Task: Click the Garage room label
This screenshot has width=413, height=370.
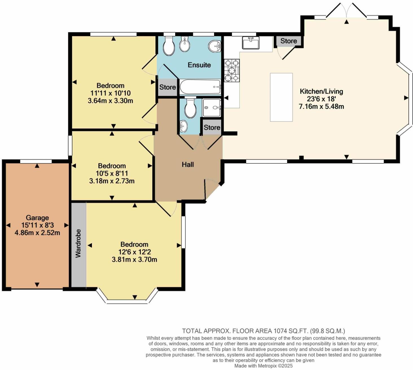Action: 37,218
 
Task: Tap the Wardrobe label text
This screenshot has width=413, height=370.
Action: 78,243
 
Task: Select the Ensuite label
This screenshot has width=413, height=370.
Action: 199,65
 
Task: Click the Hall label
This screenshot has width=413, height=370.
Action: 188,164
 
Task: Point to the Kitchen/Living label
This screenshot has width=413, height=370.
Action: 321,91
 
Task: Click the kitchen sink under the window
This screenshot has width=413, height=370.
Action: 250,43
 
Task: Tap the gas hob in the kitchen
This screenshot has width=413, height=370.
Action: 232,70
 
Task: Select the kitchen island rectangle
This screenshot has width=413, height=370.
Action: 281,97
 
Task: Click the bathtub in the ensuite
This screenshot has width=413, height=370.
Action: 200,87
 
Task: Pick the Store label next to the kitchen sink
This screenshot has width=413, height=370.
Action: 288,41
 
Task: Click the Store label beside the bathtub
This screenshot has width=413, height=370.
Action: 167,87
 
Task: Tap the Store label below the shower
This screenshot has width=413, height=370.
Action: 212,127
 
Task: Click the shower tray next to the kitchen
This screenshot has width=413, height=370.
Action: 212,107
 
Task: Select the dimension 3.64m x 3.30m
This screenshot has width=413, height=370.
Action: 110,101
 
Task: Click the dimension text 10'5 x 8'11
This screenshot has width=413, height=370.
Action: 112,173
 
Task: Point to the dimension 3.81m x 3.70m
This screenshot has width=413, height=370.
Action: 134,259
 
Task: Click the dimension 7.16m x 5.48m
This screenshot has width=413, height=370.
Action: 321,107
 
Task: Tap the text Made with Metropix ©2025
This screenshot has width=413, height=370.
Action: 263,366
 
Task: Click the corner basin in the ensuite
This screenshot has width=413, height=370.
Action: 215,46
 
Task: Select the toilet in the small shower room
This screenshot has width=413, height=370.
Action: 190,108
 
